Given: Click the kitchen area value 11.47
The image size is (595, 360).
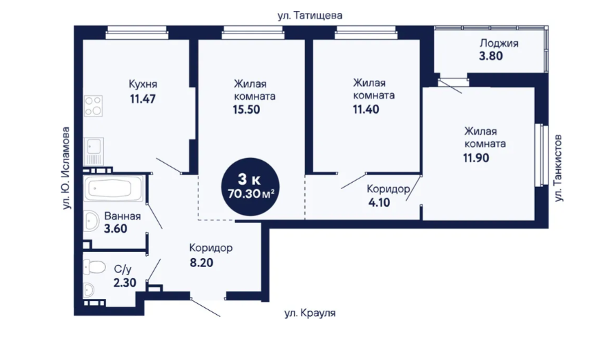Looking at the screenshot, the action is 143,99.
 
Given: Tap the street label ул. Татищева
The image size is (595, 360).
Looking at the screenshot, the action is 310,16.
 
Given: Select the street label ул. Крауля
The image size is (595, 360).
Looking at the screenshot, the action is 310,313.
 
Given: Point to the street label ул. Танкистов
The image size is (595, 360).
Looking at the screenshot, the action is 558,168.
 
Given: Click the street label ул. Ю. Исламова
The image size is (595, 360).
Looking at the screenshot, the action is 66,168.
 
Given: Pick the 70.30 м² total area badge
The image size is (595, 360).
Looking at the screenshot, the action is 251,187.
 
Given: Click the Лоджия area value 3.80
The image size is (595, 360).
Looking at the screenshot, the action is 490,56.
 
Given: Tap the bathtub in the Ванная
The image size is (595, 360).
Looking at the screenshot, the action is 114,188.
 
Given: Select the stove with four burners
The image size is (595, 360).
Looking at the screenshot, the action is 93,106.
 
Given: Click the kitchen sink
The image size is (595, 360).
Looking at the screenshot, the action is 93,151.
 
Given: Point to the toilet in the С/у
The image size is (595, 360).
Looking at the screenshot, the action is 94,267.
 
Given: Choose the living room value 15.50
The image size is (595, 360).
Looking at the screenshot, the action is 246,110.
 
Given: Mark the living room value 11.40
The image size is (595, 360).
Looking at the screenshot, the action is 366,110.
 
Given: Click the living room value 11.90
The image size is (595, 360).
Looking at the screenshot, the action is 476,157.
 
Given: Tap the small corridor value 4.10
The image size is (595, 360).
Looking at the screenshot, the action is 379,203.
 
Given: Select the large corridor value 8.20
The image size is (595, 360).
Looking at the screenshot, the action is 202,262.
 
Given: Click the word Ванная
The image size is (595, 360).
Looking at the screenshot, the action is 122,216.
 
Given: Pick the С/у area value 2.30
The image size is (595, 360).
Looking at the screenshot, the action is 125,283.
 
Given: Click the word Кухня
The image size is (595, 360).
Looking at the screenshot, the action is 143,84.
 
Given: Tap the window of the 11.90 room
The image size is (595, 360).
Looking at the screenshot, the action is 542,155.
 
